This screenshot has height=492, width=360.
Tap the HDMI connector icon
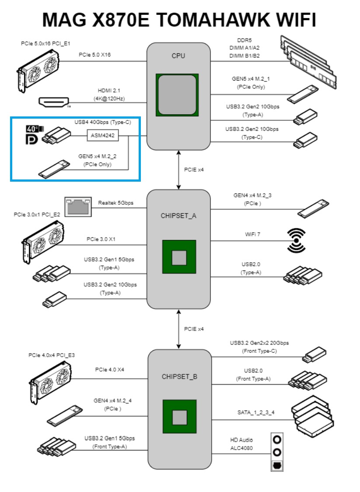(54, 102)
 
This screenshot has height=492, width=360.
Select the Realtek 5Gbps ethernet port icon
(78, 206)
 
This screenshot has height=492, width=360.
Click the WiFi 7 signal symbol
(296, 240)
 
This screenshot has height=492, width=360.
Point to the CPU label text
(178, 56)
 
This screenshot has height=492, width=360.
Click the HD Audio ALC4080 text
(241, 444)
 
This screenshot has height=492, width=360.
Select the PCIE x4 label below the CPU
(194, 169)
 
